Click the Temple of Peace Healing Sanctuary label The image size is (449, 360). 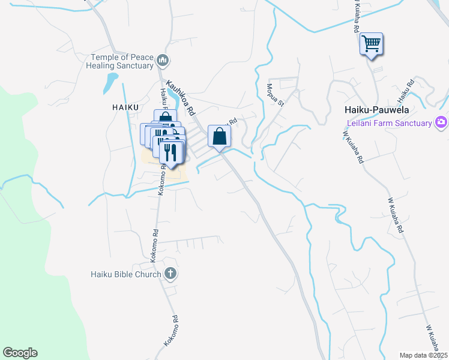click(x=122, y=61)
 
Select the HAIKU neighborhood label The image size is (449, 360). click(x=125, y=107)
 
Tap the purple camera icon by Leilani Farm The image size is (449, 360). click(x=442, y=122)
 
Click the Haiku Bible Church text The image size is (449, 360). click(x=126, y=274)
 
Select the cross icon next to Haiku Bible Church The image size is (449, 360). click(x=170, y=274)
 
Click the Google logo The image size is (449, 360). click(x=20, y=353)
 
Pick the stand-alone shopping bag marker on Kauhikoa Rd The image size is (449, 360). click(x=220, y=136)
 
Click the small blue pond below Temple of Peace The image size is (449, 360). click(x=110, y=82)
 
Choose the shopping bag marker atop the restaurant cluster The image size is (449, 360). click(x=165, y=118)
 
